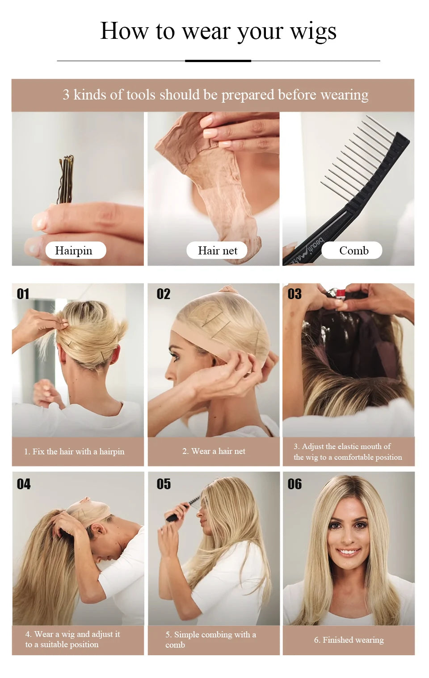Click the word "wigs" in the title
313,31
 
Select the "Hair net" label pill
217,250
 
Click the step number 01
23,294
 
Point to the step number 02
163,294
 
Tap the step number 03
294,294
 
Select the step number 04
23,484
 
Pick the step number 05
163,484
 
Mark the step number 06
294,484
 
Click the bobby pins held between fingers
66,179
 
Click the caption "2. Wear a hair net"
214,451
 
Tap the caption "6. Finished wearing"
349,640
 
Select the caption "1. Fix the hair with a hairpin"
74,452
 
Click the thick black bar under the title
218,61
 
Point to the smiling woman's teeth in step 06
348,552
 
